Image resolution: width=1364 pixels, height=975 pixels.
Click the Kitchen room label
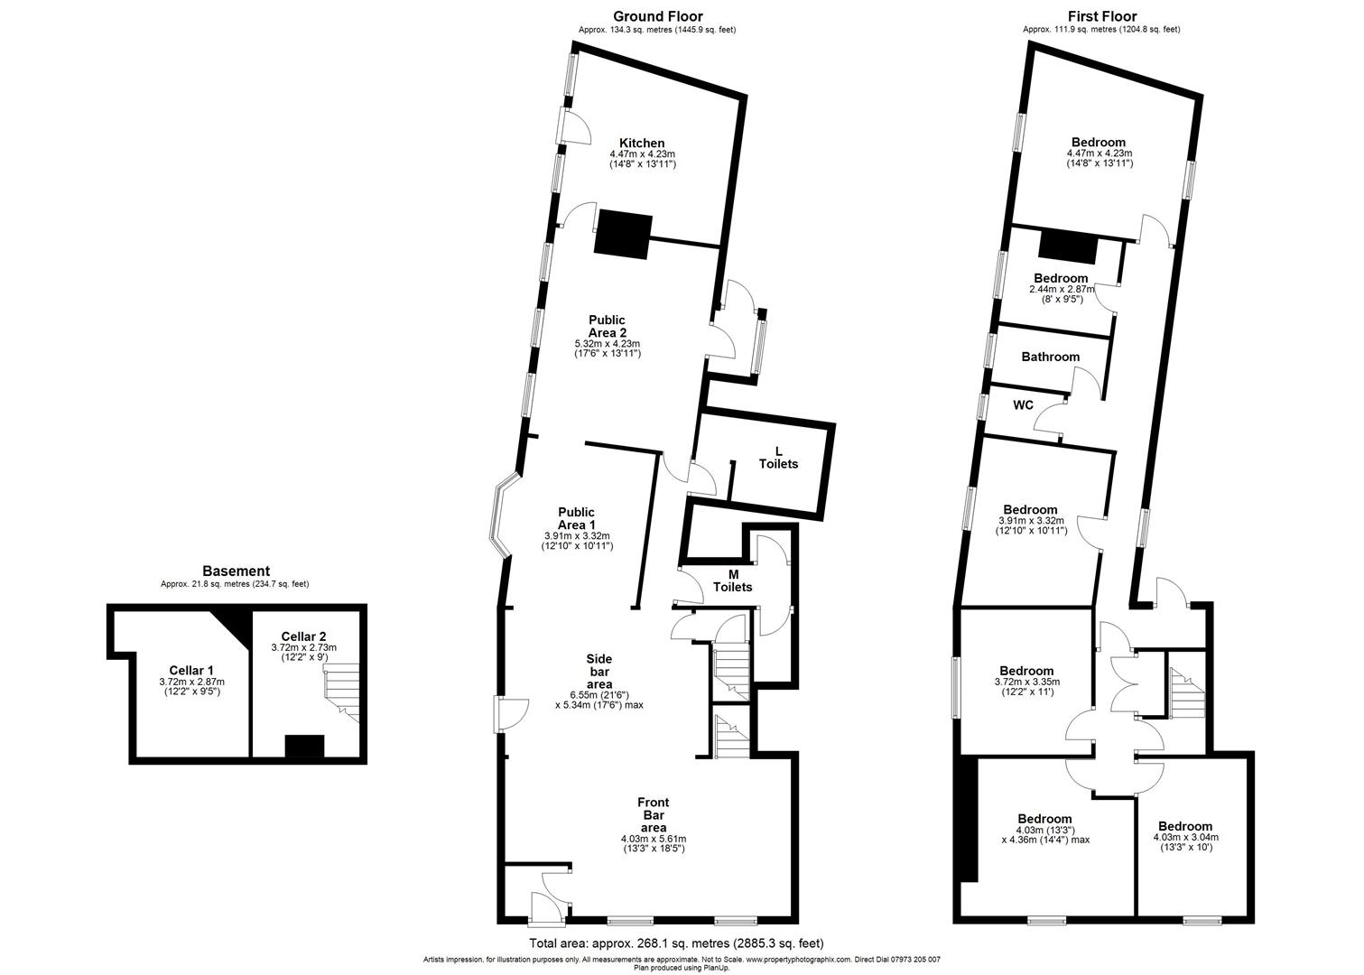pyautogui.click(x=642, y=144)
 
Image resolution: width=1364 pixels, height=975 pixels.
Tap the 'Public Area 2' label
pyautogui.click(x=608, y=327)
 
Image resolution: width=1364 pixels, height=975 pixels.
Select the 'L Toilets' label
pyautogui.click(x=778, y=458)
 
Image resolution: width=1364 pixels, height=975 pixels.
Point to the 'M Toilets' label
pyautogui.click(x=732, y=581)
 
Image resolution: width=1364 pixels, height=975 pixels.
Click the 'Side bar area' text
pyautogui.click(x=599, y=672)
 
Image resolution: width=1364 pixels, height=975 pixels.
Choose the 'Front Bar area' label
pyautogui.click(x=654, y=815)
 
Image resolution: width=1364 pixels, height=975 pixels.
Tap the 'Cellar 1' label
pyautogui.click(x=191, y=671)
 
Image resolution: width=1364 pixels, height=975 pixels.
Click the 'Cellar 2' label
pyautogui.click(x=303, y=637)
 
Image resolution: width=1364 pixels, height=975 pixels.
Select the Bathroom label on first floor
pyautogui.click(x=1051, y=357)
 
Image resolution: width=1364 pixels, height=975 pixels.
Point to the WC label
pyautogui.click(x=1023, y=405)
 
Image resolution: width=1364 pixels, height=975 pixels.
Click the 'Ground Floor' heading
pyautogui.click(x=658, y=16)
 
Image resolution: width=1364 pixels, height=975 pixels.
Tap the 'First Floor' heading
pyautogui.click(x=1102, y=16)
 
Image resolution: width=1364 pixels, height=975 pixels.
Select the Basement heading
pyautogui.click(x=236, y=571)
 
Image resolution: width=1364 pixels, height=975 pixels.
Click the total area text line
pyautogui.click(x=676, y=943)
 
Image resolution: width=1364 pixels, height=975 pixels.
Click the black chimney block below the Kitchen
pyautogui.click(x=623, y=235)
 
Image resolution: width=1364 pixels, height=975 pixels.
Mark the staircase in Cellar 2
pyautogui.click(x=341, y=693)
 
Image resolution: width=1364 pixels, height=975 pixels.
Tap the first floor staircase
pyautogui.click(x=1186, y=693)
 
